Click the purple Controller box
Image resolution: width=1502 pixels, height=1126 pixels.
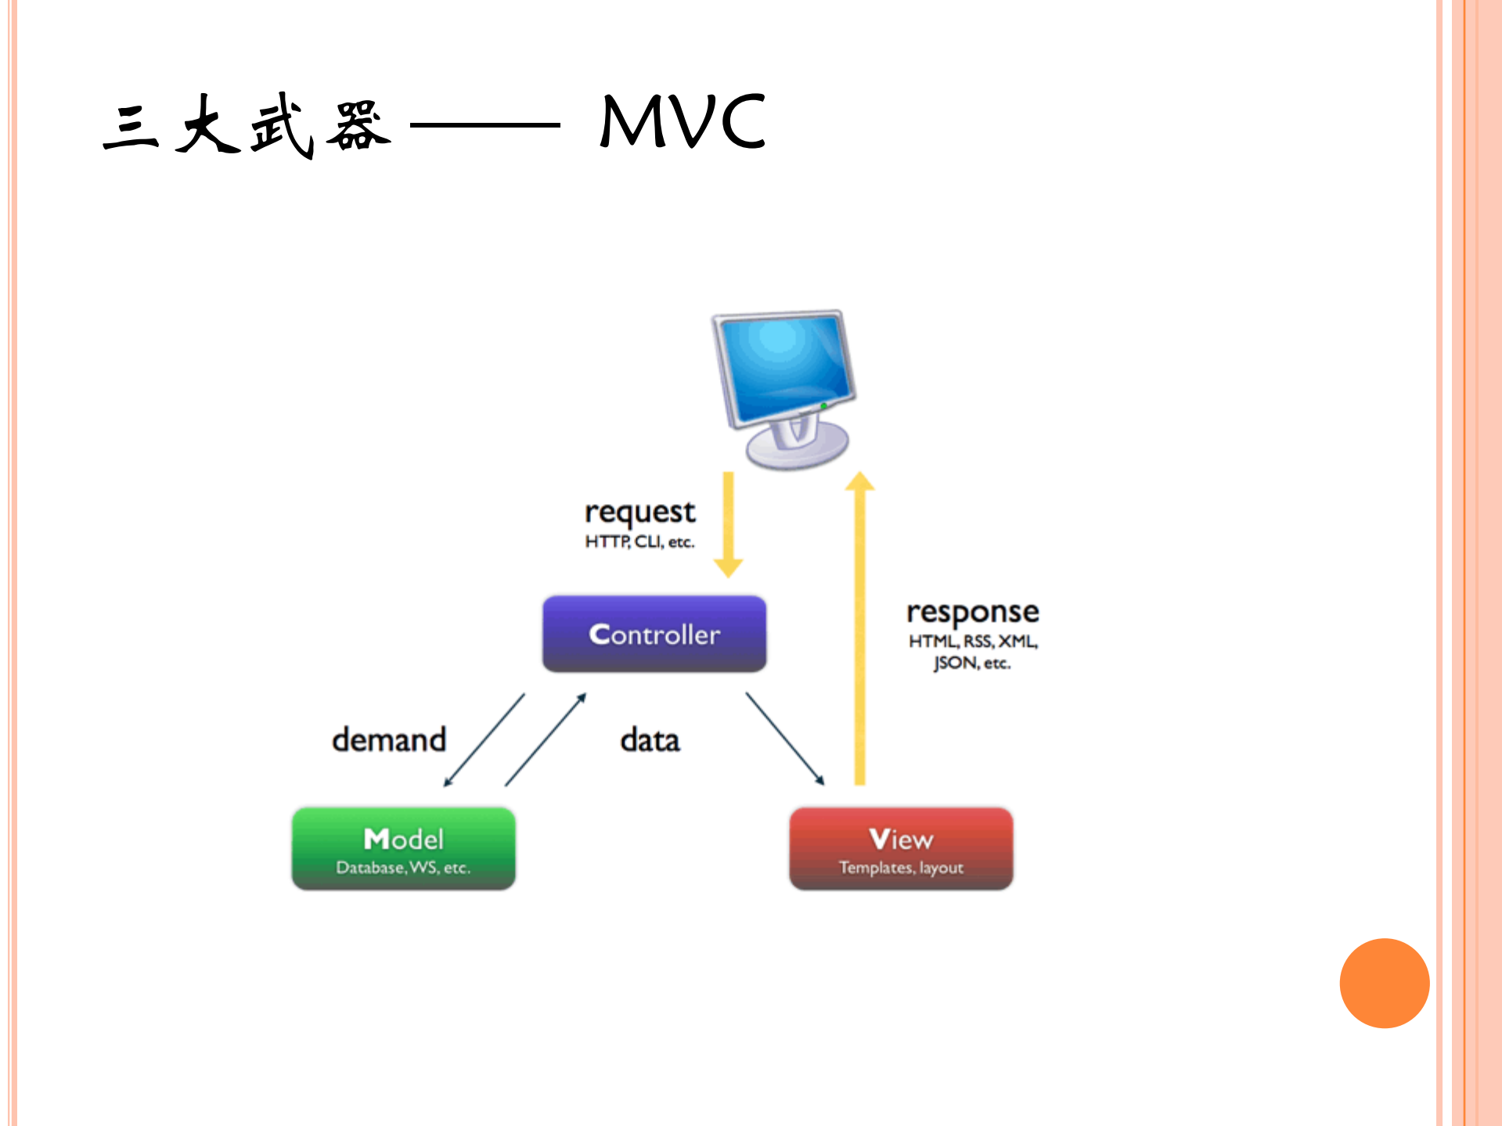pos(654,634)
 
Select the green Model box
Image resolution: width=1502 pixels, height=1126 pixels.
pos(403,848)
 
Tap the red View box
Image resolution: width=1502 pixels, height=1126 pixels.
pos(901,848)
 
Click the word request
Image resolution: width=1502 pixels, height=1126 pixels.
pos(639,513)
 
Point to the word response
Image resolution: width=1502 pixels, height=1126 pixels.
pos(972,612)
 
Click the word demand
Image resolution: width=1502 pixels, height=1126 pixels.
pos(389,740)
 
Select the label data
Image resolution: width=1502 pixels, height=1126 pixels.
pos(650,740)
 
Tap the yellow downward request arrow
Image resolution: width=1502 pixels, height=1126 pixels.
pos(728,524)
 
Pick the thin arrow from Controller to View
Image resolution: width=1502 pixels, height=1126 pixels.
pos(784,738)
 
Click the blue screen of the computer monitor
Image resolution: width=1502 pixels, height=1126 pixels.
pos(784,365)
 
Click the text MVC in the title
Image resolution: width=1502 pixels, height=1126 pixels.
pos(683,121)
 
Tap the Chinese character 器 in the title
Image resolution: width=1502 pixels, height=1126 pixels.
pos(357,125)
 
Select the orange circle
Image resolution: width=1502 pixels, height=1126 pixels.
pos(1384,983)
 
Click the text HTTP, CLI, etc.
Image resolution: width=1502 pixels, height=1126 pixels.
pos(639,542)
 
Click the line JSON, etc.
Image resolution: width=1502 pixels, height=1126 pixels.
pos(971,664)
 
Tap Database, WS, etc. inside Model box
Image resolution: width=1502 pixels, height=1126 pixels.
pos(403,868)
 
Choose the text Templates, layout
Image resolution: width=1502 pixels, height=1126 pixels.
pos(901,868)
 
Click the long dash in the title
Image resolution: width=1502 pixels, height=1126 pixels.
pos(485,124)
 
